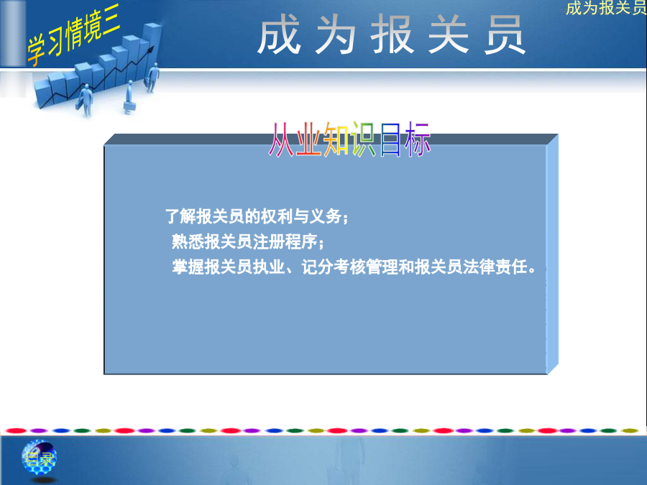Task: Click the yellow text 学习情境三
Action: (73, 34)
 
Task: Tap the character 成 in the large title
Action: (279, 34)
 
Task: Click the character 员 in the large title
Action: (504, 34)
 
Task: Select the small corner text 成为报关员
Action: (606, 8)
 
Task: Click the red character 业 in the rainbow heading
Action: (308, 139)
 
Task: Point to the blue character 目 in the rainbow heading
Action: (390, 139)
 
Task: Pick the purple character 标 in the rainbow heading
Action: (417, 139)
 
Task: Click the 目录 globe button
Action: (39, 458)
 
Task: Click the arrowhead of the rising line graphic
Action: (151, 50)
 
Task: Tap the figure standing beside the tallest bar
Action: (153, 78)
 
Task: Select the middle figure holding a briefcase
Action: (129, 97)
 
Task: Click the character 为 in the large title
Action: (335, 34)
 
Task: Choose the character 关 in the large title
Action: (448, 34)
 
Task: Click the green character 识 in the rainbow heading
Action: (363, 139)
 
